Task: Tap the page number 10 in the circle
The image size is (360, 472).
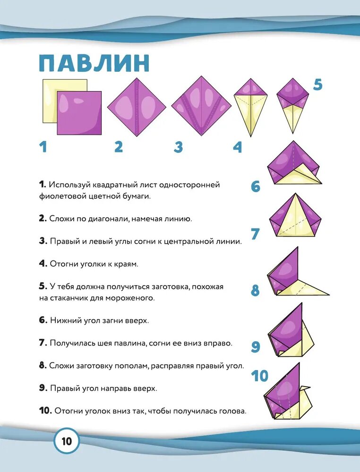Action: click(66, 442)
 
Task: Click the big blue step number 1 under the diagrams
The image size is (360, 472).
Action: click(43, 147)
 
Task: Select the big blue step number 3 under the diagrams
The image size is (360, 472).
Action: click(178, 147)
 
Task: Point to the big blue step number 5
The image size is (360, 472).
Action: click(317, 85)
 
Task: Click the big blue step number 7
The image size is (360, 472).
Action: click(256, 234)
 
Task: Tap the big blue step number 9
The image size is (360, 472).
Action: click(256, 347)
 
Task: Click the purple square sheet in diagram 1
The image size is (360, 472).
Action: click(79, 112)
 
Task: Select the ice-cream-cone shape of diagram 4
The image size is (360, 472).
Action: click(250, 106)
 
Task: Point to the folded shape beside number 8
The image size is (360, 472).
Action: click(293, 276)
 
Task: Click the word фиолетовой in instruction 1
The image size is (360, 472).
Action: click(59, 196)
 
